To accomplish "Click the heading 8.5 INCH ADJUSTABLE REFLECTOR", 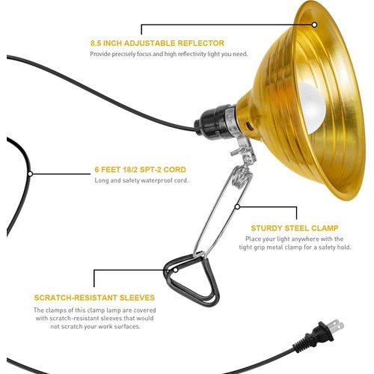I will point(157,43).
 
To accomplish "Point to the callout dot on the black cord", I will point(29,174).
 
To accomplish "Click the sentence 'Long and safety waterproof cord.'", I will point(141,180).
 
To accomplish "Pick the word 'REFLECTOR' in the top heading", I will point(199,43).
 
